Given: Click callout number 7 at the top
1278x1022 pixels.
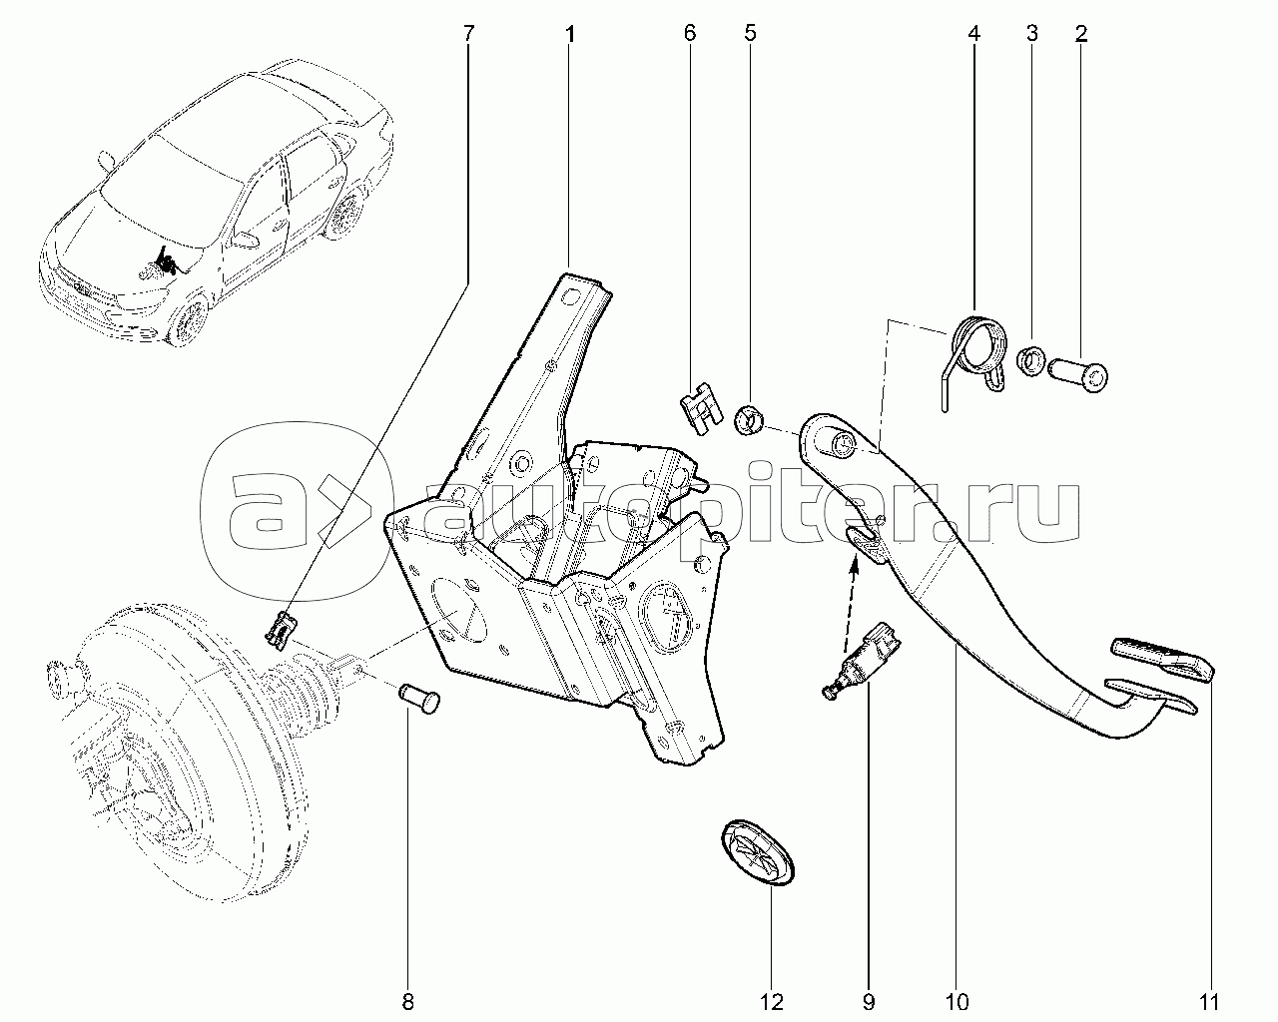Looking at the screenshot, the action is tap(469, 33).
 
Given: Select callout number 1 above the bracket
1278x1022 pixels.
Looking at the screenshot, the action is tap(569, 34).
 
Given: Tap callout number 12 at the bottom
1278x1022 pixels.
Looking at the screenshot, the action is tap(772, 1002).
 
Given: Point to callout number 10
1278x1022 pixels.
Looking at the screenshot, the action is tap(957, 1002).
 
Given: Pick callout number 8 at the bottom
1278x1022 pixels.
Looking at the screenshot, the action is tap(408, 1002).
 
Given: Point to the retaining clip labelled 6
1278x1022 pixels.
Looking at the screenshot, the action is tap(701, 407).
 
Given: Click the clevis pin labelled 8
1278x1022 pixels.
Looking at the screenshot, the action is tap(418, 699).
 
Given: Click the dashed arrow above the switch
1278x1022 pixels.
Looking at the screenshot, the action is tap(850, 604).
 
